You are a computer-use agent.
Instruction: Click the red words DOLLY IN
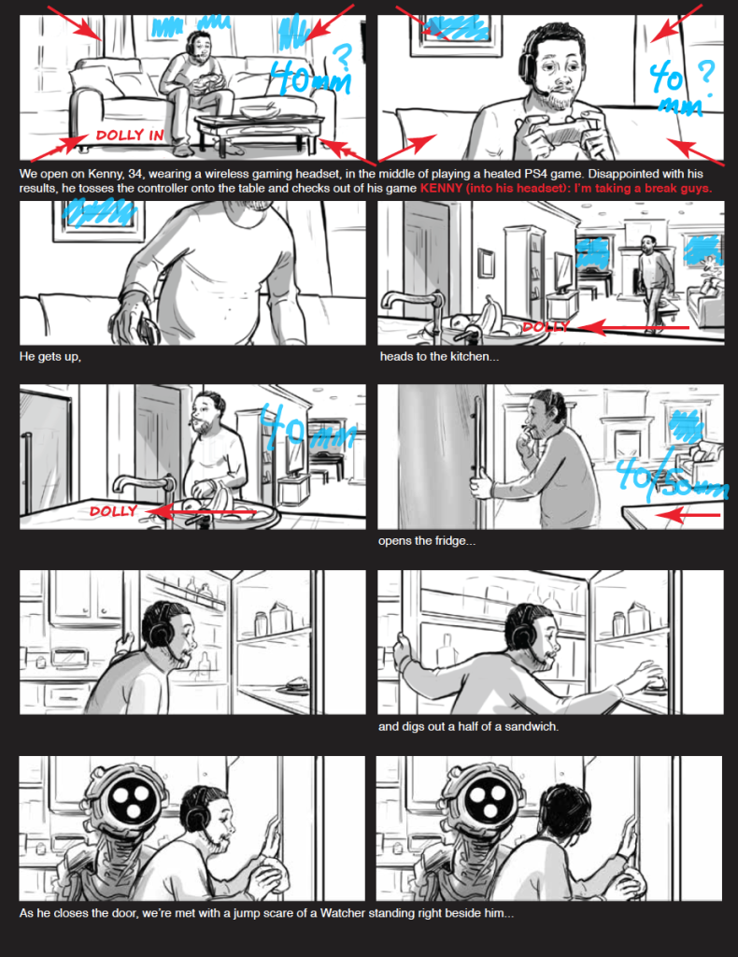(130, 135)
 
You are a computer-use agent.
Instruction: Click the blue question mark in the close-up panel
(706, 73)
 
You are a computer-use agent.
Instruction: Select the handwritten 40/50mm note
(671, 479)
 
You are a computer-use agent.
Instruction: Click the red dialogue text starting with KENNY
(565, 188)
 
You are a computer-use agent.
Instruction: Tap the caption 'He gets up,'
(50, 356)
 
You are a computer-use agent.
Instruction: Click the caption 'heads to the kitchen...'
(439, 356)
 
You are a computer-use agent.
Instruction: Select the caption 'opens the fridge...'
(426, 541)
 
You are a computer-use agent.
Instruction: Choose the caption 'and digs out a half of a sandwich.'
(468, 726)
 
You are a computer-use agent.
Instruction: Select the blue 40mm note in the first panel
(311, 77)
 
